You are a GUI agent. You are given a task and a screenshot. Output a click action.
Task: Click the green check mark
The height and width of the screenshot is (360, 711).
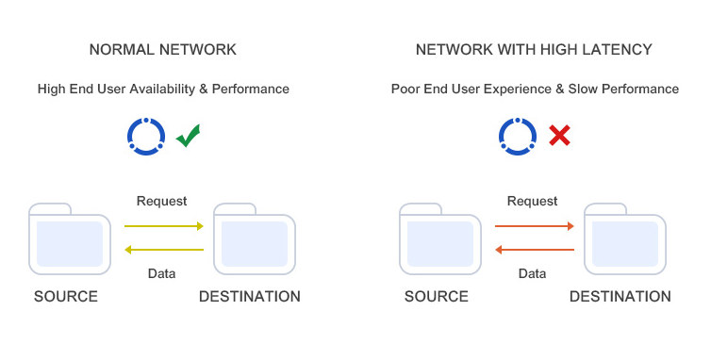click(x=188, y=136)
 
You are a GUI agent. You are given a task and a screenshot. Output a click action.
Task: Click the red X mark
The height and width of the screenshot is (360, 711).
click(x=559, y=136)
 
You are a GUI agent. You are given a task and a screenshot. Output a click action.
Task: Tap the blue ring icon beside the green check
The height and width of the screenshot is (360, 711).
click(x=146, y=136)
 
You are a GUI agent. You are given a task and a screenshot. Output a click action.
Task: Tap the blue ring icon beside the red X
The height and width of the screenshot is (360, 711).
click(x=517, y=136)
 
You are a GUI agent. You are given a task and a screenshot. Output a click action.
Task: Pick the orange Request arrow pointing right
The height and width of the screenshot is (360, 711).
click(x=535, y=226)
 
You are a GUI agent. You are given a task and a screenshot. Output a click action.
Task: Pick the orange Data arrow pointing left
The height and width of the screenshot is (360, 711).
click(x=535, y=250)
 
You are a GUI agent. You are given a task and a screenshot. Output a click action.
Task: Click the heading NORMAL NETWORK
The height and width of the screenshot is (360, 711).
click(x=162, y=49)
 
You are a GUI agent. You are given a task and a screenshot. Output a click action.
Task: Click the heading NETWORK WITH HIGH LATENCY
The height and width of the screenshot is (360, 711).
click(x=534, y=49)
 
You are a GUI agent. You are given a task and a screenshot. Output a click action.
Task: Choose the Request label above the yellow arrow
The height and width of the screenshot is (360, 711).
click(x=161, y=201)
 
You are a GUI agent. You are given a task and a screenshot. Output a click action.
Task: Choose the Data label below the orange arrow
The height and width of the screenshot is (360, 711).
click(x=532, y=274)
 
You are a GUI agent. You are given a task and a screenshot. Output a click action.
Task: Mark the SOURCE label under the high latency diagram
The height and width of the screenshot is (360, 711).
click(x=437, y=296)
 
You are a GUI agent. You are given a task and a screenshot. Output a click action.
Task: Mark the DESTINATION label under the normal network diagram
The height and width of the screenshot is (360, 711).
click(x=250, y=296)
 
